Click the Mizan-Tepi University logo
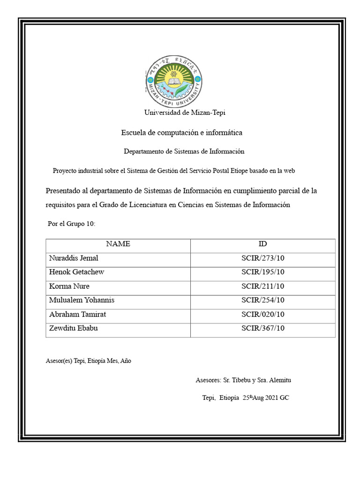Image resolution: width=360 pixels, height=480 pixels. point(174,82)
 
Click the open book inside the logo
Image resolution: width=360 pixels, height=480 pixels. point(175,82)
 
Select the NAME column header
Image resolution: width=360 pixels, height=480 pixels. point(118,244)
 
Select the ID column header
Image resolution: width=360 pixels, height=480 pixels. point(262,244)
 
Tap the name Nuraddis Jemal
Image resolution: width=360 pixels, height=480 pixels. point(74,258)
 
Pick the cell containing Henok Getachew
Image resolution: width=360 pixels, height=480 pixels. point(76,272)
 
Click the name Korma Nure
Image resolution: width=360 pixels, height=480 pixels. point(69,286)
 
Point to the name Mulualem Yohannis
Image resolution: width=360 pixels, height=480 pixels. point(82,300)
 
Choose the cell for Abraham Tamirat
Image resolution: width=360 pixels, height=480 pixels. point(77,315)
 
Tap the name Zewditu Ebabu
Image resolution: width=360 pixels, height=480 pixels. point(74,329)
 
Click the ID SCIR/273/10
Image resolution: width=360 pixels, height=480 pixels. point(262,258)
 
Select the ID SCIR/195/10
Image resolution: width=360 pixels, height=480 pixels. point(262,272)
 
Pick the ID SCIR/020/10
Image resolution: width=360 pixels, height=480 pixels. point(262,315)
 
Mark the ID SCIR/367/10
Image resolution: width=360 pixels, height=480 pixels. point(262,329)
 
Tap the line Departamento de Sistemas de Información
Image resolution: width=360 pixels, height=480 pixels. point(184,151)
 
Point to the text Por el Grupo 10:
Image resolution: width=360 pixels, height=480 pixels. point(72,224)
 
